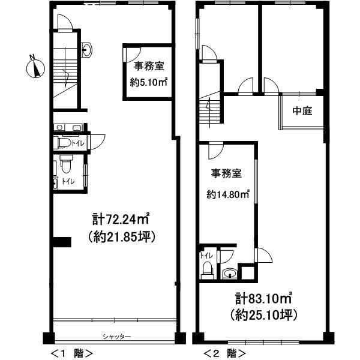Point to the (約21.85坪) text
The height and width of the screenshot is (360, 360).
(122, 236)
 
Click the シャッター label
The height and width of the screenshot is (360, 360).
(116, 337)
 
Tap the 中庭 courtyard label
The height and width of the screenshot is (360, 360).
(302, 111)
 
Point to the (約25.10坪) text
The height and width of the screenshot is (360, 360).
(263, 314)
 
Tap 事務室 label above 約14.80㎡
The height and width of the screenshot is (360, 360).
(226, 174)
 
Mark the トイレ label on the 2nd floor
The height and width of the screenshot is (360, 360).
(206, 256)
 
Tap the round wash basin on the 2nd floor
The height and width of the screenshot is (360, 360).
(229, 275)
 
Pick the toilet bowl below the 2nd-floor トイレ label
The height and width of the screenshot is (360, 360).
(207, 270)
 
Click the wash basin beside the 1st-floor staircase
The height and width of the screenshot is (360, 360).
(88, 50)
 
